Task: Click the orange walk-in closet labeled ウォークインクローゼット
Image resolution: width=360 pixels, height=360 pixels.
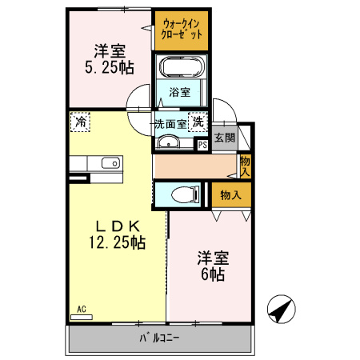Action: (x=182, y=30)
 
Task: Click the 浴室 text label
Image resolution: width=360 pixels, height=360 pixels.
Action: (x=179, y=92)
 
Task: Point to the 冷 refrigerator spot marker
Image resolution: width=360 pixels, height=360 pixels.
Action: (x=80, y=122)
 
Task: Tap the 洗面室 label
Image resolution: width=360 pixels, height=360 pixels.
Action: (x=170, y=124)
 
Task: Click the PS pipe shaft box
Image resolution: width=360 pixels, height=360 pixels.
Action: (x=202, y=145)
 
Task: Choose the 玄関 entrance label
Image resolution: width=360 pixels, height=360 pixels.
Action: (x=225, y=138)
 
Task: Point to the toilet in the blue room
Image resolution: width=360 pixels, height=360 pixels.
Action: (x=182, y=194)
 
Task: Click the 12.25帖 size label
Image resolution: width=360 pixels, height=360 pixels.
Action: (x=117, y=241)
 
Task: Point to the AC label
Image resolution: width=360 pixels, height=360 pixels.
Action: (x=81, y=309)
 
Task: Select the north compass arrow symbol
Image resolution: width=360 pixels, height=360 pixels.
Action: (x=280, y=308)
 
